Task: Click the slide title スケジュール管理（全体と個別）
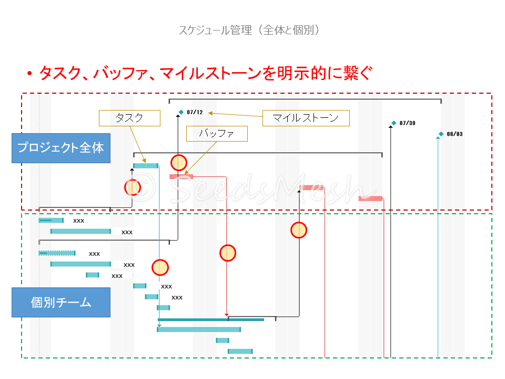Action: [249, 30]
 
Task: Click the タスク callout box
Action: [129, 118]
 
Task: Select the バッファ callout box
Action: [217, 134]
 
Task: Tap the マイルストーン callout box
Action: [306, 118]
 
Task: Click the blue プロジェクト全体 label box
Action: [61, 148]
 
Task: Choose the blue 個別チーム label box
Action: [61, 302]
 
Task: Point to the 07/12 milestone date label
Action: [195, 112]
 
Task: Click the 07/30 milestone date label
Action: [408, 123]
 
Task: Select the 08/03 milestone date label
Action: [455, 134]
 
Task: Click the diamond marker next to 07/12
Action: [181, 112]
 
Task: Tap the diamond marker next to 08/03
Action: [441, 134]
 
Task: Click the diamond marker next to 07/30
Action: [393, 123]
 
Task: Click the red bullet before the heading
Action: [30, 74]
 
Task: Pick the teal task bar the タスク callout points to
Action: [146, 166]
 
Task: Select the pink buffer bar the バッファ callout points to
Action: [181, 177]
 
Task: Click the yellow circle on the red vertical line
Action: [228, 253]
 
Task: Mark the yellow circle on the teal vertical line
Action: [160, 267]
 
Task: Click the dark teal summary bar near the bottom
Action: [210, 320]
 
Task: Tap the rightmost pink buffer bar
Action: [370, 198]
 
